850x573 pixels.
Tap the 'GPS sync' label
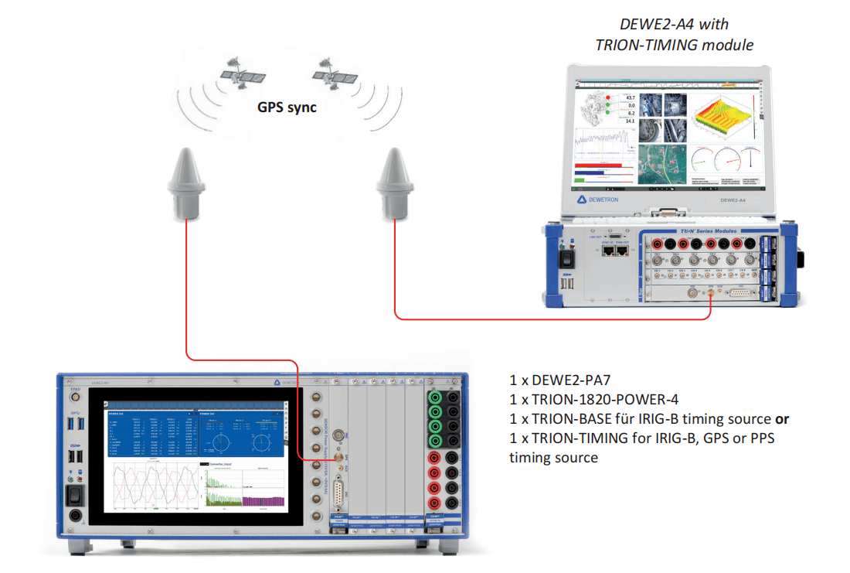pyautogui.click(x=287, y=107)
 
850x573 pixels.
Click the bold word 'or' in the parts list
pyautogui.click(x=782, y=418)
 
